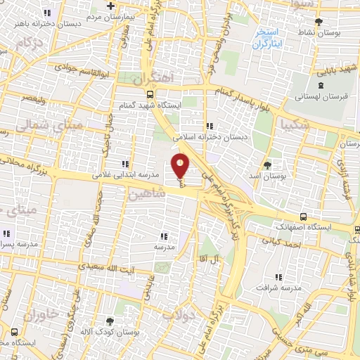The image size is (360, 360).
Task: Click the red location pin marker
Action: (x=181, y=165)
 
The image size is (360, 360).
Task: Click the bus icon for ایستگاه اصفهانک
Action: (x=302, y=217)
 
